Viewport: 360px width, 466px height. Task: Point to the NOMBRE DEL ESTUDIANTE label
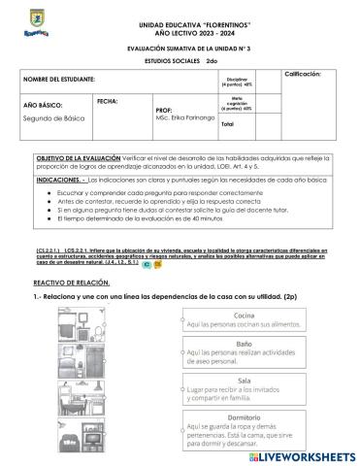59,78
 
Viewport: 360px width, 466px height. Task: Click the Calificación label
310,74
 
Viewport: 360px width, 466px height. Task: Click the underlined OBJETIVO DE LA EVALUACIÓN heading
79,157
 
